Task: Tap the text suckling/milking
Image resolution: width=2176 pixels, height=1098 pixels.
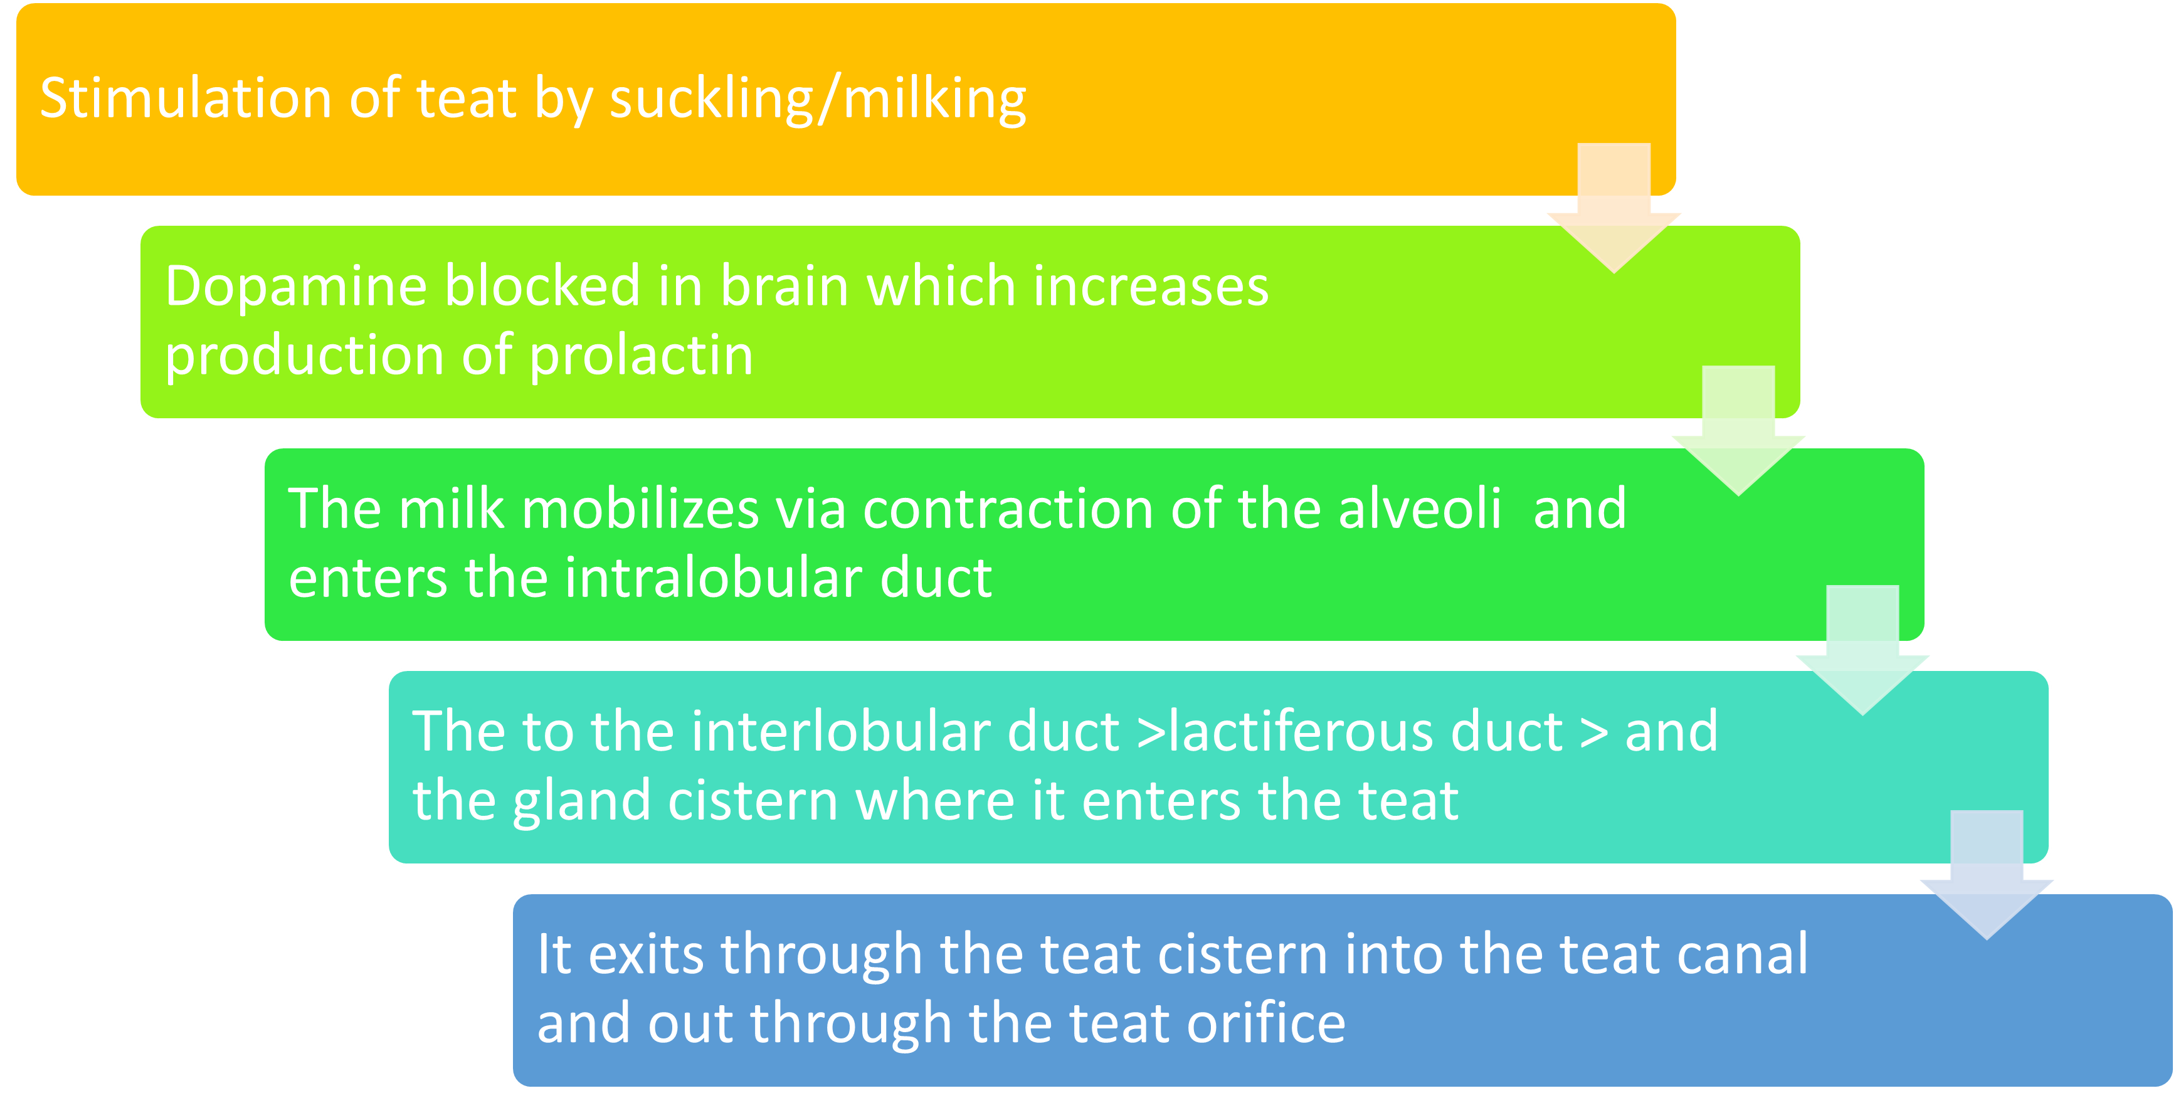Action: pyautogui.click(x=818, y=100)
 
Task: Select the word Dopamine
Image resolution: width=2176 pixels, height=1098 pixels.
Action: pyautogui.click(x=297, y=287)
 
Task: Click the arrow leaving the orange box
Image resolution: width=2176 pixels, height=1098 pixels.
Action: pyautogui.click(x=1614, y=209)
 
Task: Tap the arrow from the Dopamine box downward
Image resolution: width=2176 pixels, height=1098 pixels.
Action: pyautogui.click(x=1738, y=431)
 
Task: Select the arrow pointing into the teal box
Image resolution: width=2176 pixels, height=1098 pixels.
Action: pyautogui.click(x=1862, y=650)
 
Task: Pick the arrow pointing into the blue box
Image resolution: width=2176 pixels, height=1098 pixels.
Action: pyautogui.click(x=1987, y=875)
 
